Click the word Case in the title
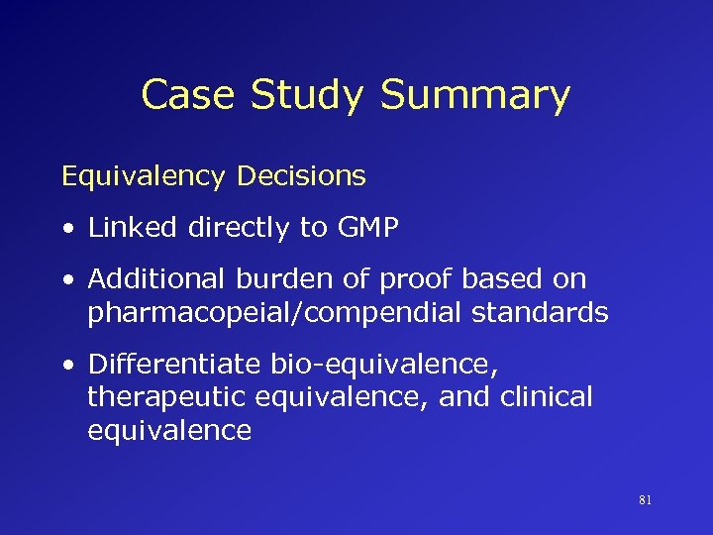pyautogui.click(x=188, y=95)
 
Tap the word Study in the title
pyautogui.click(x=308, y=95)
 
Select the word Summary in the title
pyautogui.click(x=475, y=95)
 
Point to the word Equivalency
pyautogui.click(x=145, y=177)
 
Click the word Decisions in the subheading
pyautogui.click(x=301, y=176)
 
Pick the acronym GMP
pyautogui.click(x=366, y=228)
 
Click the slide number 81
pyautogui.click(x=645, y=501)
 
